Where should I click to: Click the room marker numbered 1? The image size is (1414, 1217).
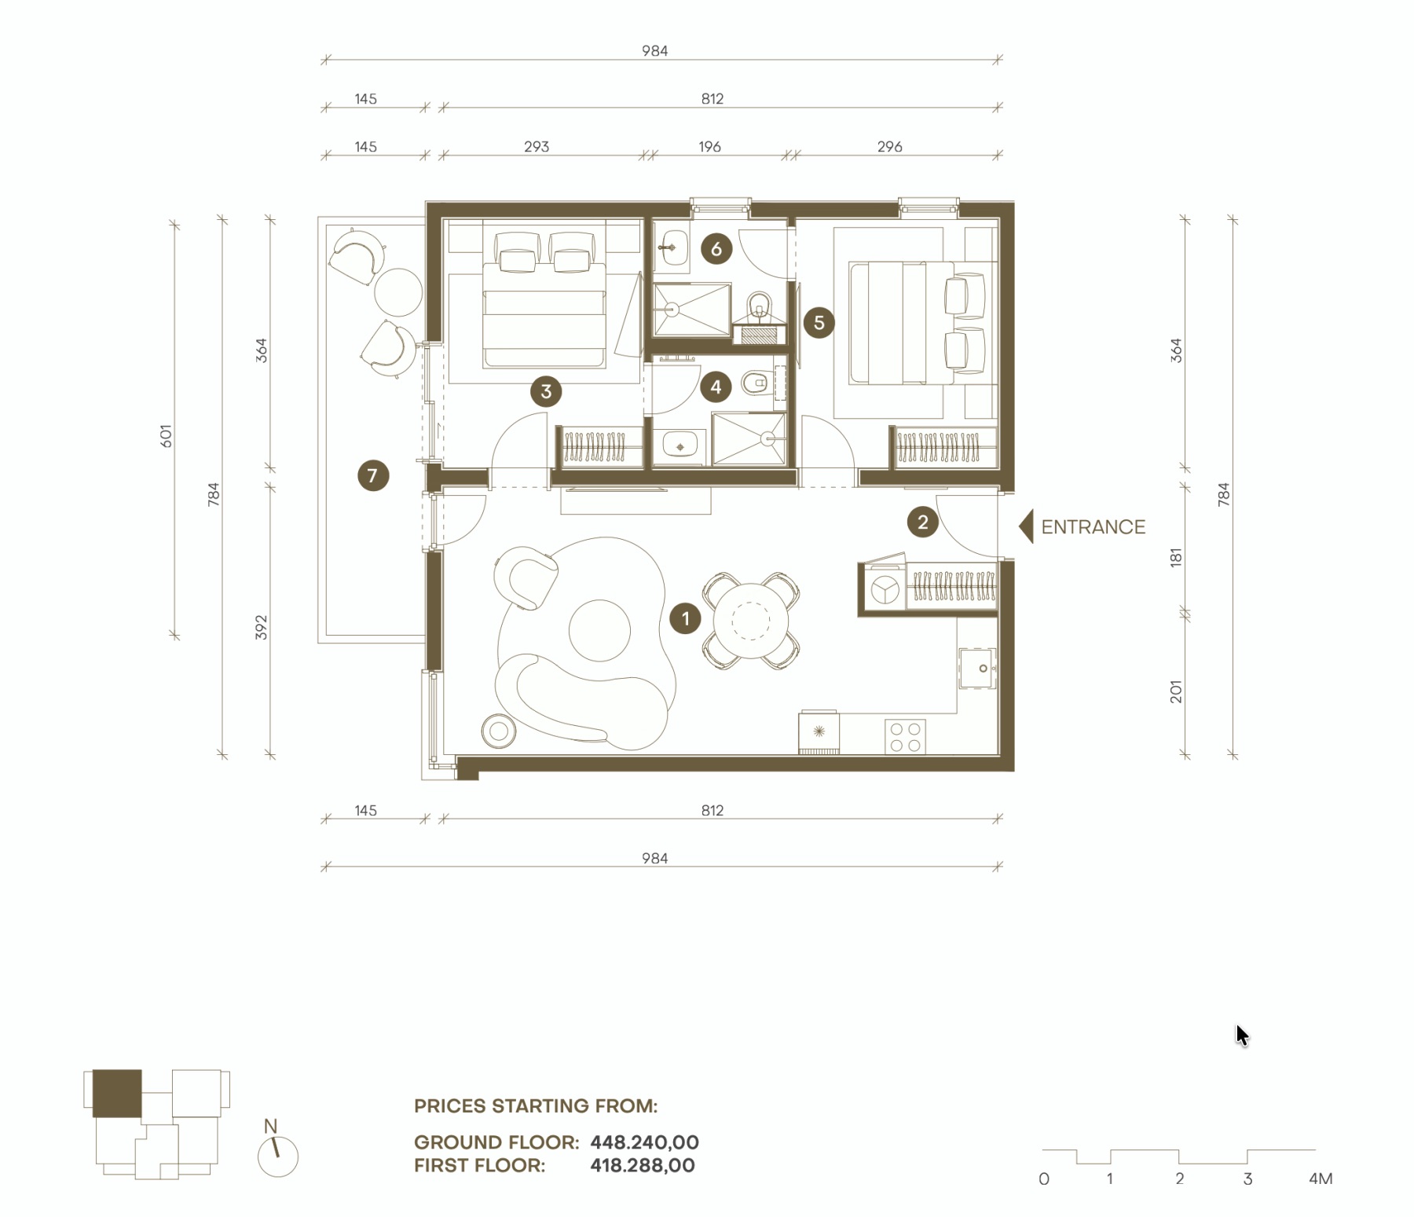coord(685,618)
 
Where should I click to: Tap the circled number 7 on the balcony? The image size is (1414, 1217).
coord(373,475)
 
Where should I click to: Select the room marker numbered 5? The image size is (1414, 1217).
coord(819,322)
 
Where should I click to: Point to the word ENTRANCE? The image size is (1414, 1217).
coord(1093,527)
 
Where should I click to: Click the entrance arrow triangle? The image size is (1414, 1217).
coord(1027,526)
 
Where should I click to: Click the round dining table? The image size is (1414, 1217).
coord(750,621)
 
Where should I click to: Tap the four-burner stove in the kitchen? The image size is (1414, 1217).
coord(905,737)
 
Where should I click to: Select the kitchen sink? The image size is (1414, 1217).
coord(977,668)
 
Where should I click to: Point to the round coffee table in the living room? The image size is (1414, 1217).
coord(599,631)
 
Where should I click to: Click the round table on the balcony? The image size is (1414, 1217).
coord(398,291)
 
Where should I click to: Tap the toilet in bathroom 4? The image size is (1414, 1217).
coord(755,383)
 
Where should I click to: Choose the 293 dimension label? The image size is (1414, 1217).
coord(537,147)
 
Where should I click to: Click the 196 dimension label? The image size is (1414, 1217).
coord(709,147)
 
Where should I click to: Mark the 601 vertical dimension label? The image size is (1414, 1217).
coord(166,436)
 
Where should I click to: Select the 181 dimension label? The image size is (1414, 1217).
coord(1176,558)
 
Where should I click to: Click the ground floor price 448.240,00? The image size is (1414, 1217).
coord(644,1142)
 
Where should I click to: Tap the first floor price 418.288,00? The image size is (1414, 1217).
coord(643,1165)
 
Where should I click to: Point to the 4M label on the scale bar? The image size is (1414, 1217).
coord(1321,1179)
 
